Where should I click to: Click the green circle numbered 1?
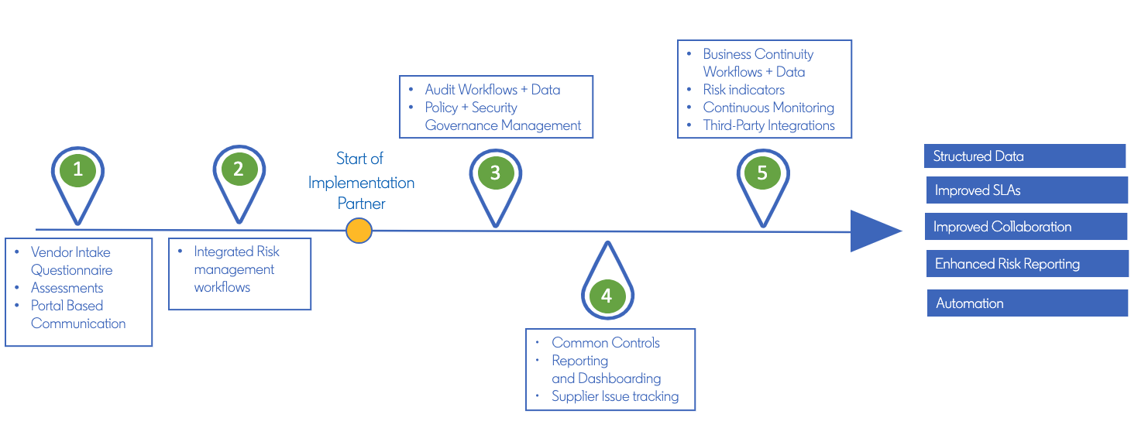click(x=77, y=170)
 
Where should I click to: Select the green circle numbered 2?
click(x=239, y=170)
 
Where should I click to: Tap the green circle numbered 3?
click(x=495, y=173)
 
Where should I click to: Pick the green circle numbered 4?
click(x=607, y=296)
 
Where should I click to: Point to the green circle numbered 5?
click(x=762, y=173)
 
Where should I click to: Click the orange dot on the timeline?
click(x=359, y=231)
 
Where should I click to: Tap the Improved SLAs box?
click(x=1026, y=190)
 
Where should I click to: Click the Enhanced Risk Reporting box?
click(x=1026, y=264)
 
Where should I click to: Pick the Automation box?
click(x=1026, y=303)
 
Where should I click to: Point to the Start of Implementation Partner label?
click(x=361, y=182)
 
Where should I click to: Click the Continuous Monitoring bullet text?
click(x=768, y=108)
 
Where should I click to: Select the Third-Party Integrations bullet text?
click(x=768, y=125)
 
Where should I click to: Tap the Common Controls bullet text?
click(x=606, y=343)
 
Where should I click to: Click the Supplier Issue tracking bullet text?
click(x=615, y=396)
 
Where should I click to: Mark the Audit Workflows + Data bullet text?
click(x=492, y=90)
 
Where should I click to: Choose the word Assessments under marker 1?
click(x=67, y=288)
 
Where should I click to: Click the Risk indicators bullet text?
click(x=744, y=90)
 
